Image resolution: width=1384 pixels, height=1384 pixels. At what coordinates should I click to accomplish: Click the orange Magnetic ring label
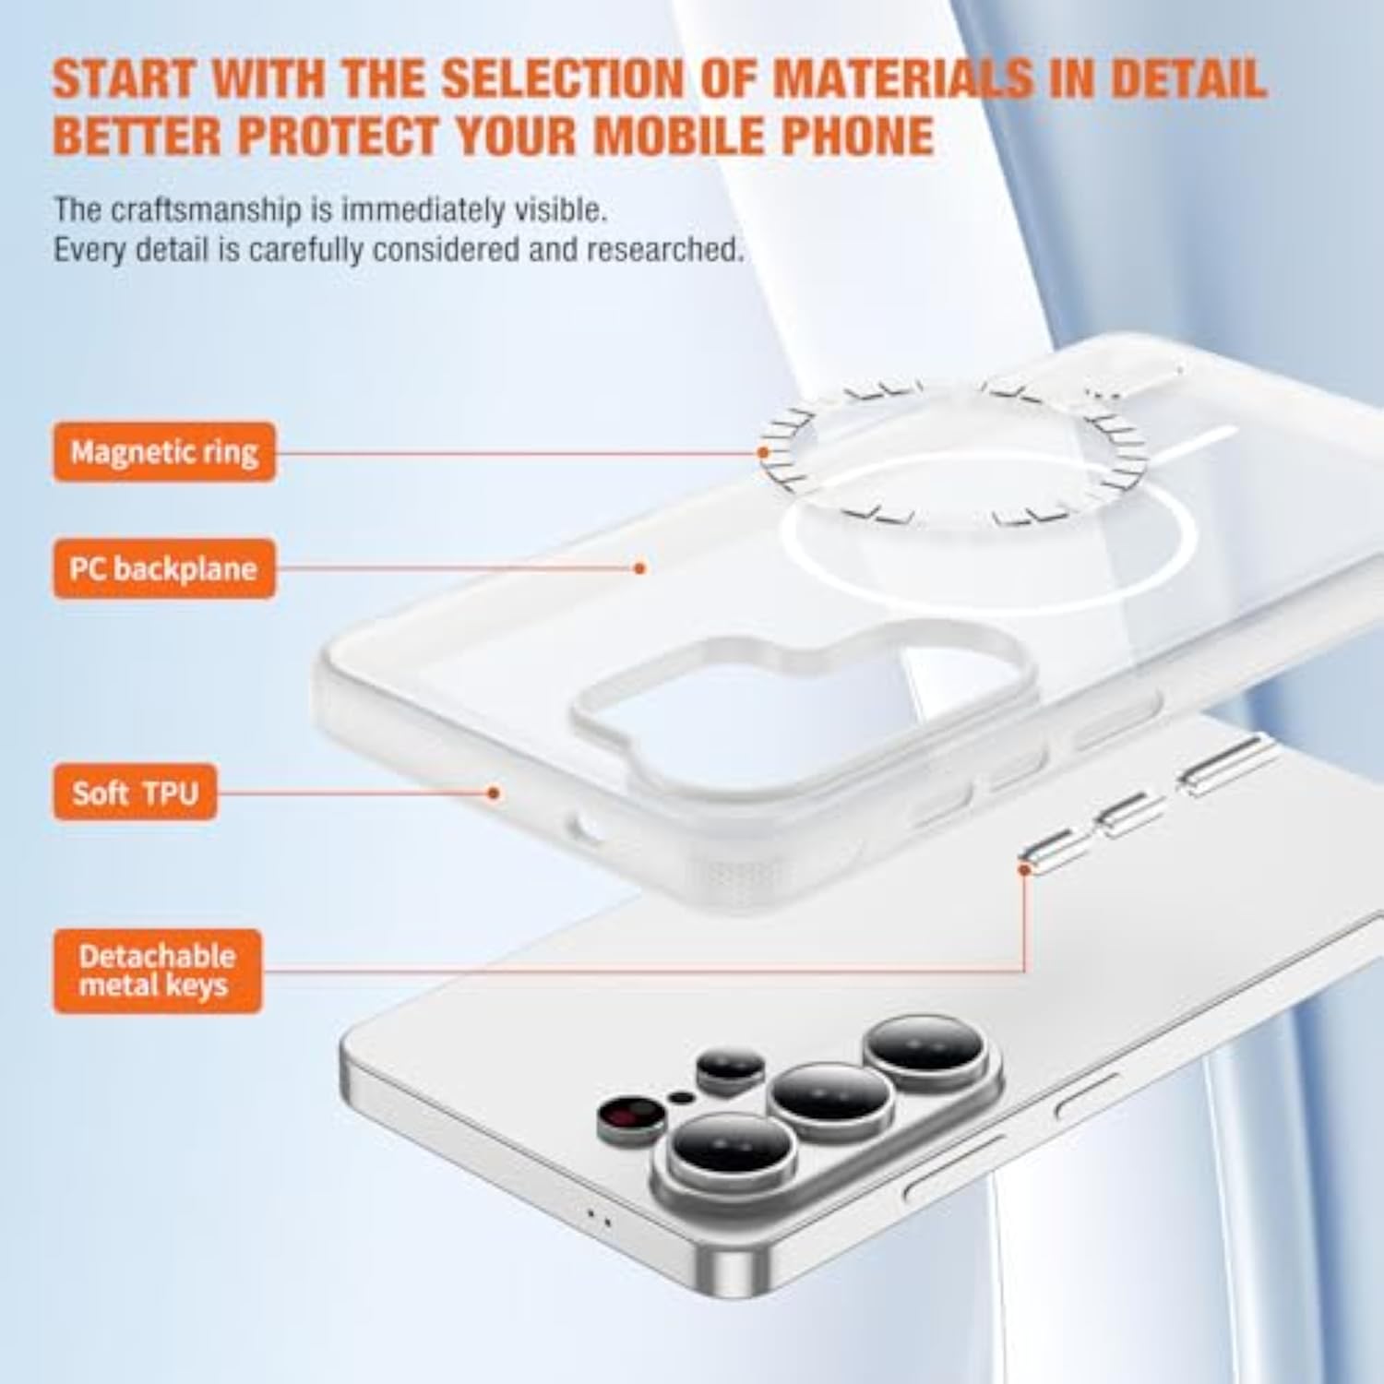[164, 452]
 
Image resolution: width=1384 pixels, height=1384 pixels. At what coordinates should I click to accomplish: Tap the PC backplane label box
[164, 568]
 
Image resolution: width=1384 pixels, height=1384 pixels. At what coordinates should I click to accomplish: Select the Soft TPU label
[135, 793]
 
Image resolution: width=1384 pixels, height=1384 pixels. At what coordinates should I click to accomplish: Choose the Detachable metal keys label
[157, 971]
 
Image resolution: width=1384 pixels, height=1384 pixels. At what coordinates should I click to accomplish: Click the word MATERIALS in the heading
[902, 78]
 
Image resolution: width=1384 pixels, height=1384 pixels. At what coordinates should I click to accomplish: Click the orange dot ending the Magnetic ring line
[763, 452]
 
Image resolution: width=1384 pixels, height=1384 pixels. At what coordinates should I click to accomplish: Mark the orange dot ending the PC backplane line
[640, 568]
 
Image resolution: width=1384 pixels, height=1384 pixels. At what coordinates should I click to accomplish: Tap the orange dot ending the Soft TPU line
[494, 793]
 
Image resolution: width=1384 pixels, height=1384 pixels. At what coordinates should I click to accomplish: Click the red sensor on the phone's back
[631, 1117]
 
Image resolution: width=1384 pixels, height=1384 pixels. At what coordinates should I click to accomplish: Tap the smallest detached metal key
[1055, 851]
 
